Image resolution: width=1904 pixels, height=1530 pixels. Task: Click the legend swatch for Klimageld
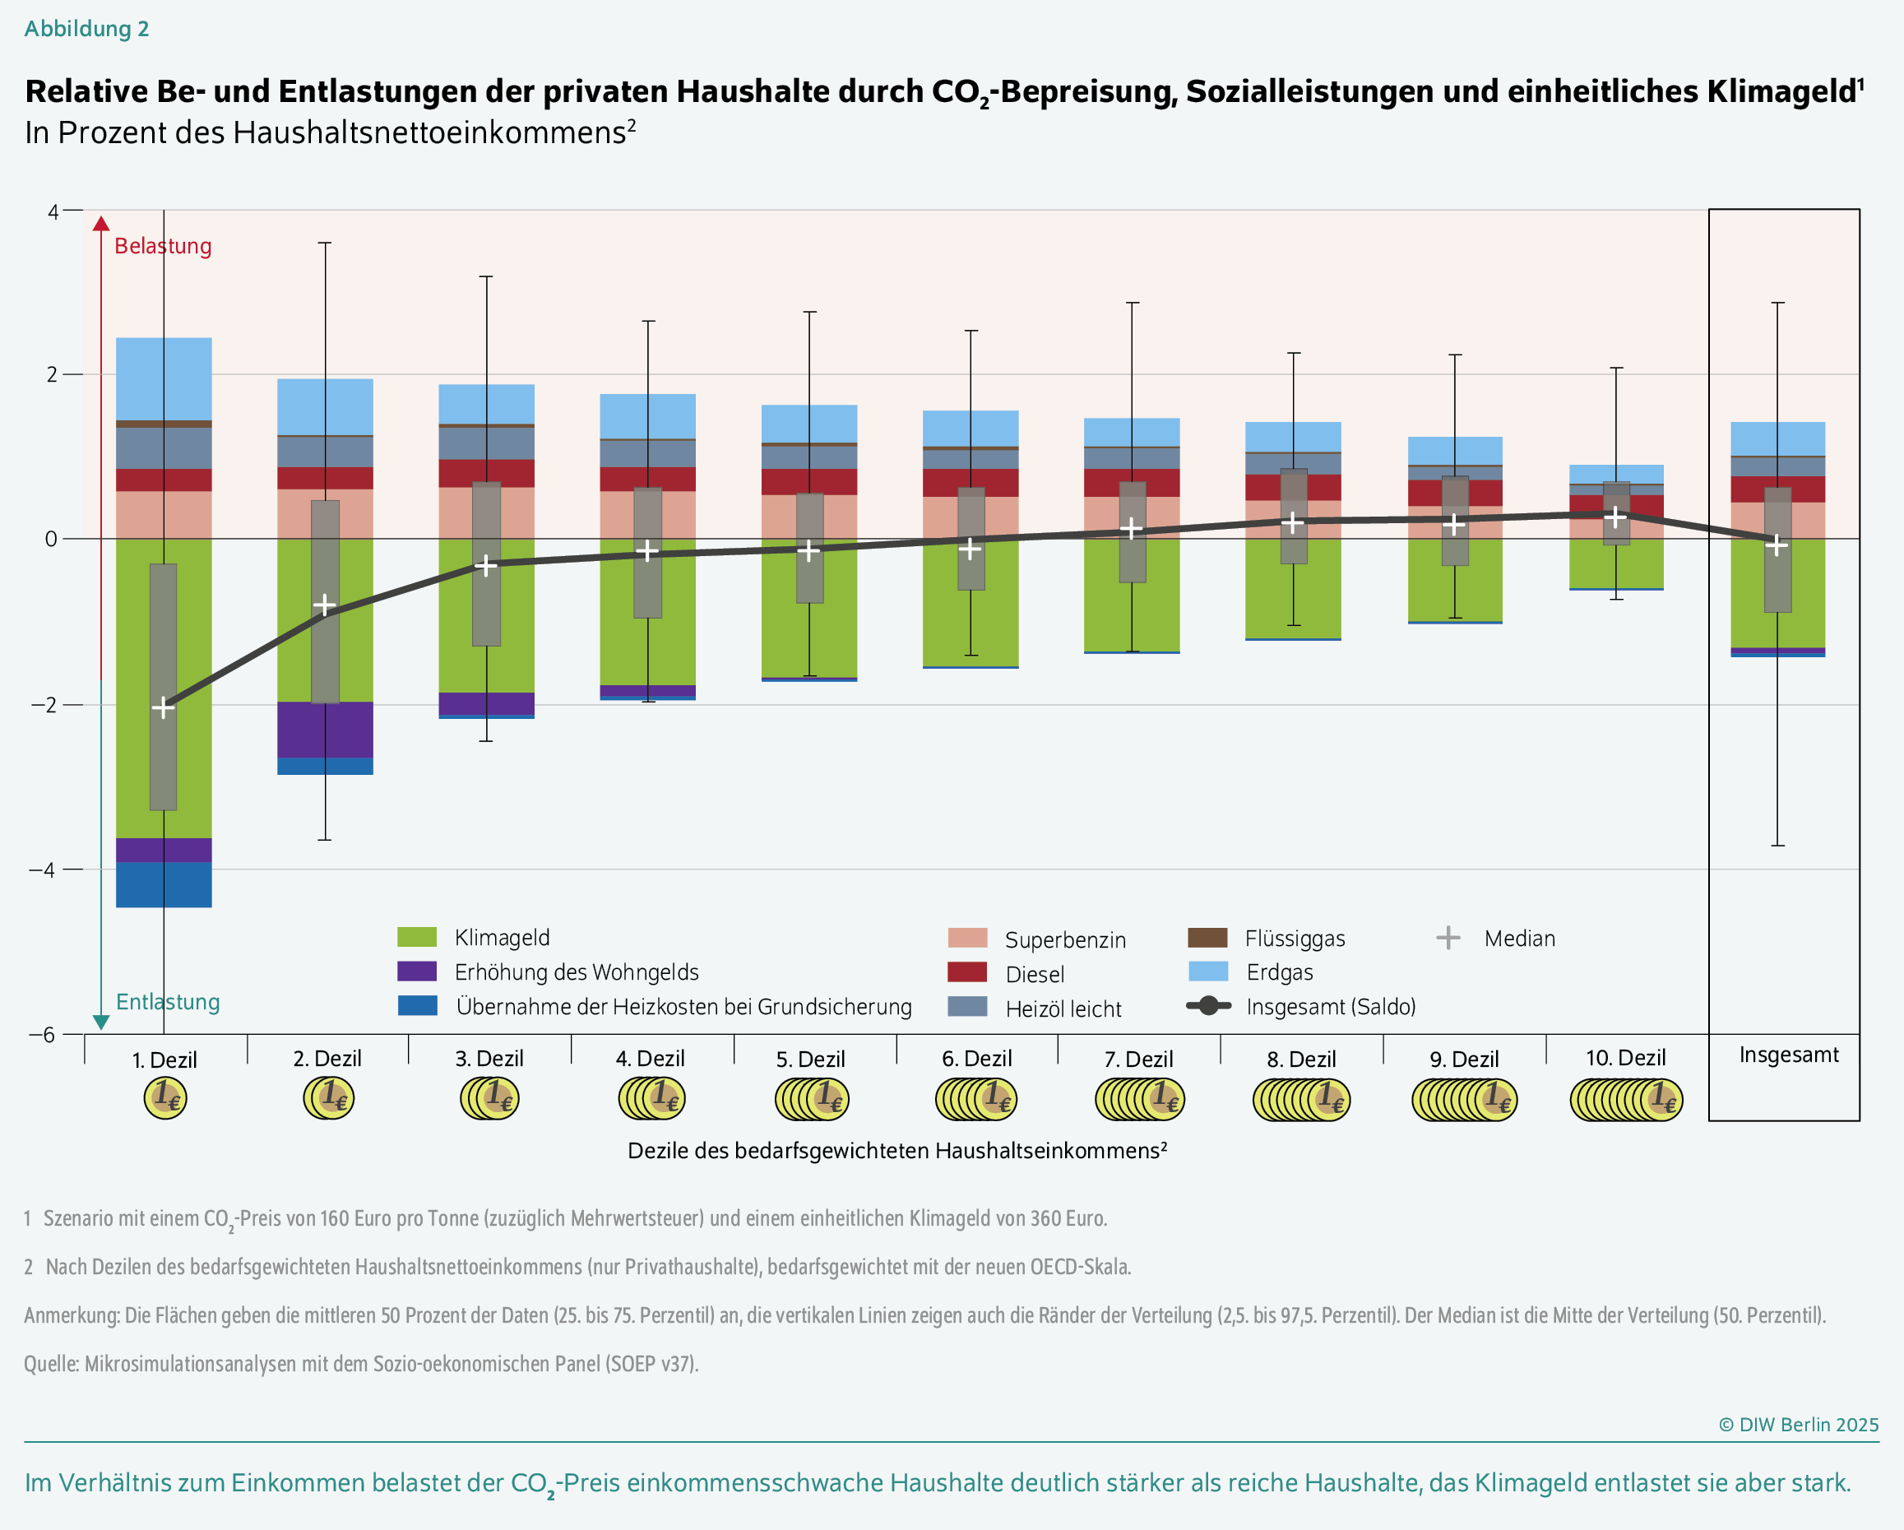pos(417,937)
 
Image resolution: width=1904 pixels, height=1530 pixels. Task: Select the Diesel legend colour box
pos(967,972)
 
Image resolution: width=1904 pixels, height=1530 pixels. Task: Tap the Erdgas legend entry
pos(1279,972)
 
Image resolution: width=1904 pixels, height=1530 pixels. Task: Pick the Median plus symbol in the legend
pos(1448,938)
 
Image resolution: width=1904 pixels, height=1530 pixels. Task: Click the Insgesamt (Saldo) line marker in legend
pos(1209,1006)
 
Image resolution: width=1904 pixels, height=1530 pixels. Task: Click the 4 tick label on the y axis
pos(53,212)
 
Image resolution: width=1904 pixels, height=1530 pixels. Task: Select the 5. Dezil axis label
pos(810,1059)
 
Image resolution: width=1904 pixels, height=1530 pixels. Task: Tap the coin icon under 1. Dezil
pos(165,1100)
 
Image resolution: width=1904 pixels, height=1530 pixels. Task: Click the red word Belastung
pos(164,246)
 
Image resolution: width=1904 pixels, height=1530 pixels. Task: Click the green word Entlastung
pos(168,1002)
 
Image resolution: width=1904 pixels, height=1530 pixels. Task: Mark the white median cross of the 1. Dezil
pos(164,708)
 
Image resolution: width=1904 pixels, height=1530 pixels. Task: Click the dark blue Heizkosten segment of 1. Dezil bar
pos(132,885)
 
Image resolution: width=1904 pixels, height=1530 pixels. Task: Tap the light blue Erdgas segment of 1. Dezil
pos(132,378)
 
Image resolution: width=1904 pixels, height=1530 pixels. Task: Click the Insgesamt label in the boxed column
pos(1788,1055)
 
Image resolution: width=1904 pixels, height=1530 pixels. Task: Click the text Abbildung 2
pos(86,29)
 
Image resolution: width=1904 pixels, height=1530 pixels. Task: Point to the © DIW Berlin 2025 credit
pos(1798,1425)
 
